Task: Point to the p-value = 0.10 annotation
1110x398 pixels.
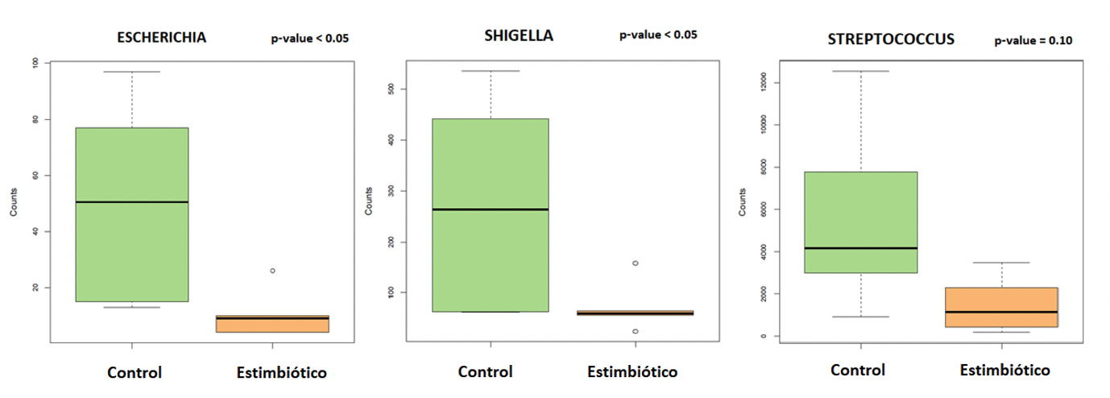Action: [1033, 40]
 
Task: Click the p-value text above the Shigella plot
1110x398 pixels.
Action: [658, 35]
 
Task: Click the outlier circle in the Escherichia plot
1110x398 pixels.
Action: [272, 271]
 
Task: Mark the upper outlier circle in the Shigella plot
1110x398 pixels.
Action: [636, 263]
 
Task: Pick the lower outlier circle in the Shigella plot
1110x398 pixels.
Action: [636, 331]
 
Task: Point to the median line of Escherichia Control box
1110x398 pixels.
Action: [132, 201]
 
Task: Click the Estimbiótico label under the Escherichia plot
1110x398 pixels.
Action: [282, 372]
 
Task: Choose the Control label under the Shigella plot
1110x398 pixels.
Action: [486, 372]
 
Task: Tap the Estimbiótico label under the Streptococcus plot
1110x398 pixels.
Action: [1005, 371]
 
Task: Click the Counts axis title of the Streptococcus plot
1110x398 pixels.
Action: [743, 201]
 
